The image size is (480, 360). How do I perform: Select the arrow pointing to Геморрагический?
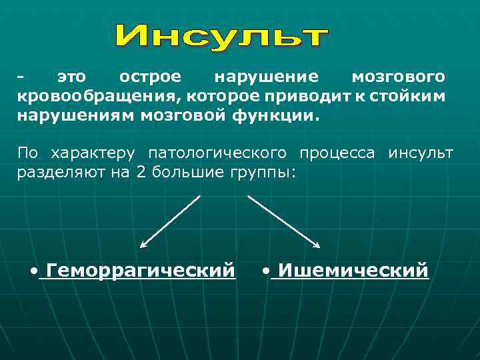pyautogui.click(x=170, y=221)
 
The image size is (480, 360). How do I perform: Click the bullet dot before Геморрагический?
pyautogui.click(x=35, y=271)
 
